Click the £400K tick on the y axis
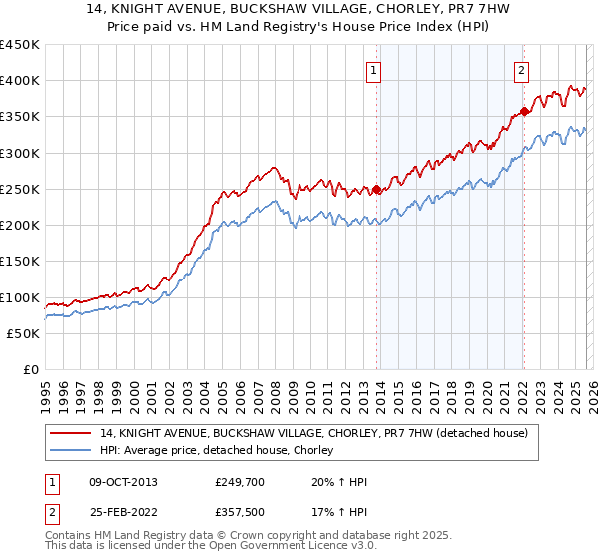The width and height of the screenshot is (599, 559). click(20, 81)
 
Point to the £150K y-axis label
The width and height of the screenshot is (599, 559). click(20, 262)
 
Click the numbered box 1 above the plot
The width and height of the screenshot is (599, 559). click(372, 70)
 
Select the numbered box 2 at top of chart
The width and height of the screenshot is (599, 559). click(521, 70)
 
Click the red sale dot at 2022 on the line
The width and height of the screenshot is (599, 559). click(524, 112)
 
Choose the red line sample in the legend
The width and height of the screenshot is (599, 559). click(72, 433)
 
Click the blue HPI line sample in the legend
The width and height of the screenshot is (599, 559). click(72, 450)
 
